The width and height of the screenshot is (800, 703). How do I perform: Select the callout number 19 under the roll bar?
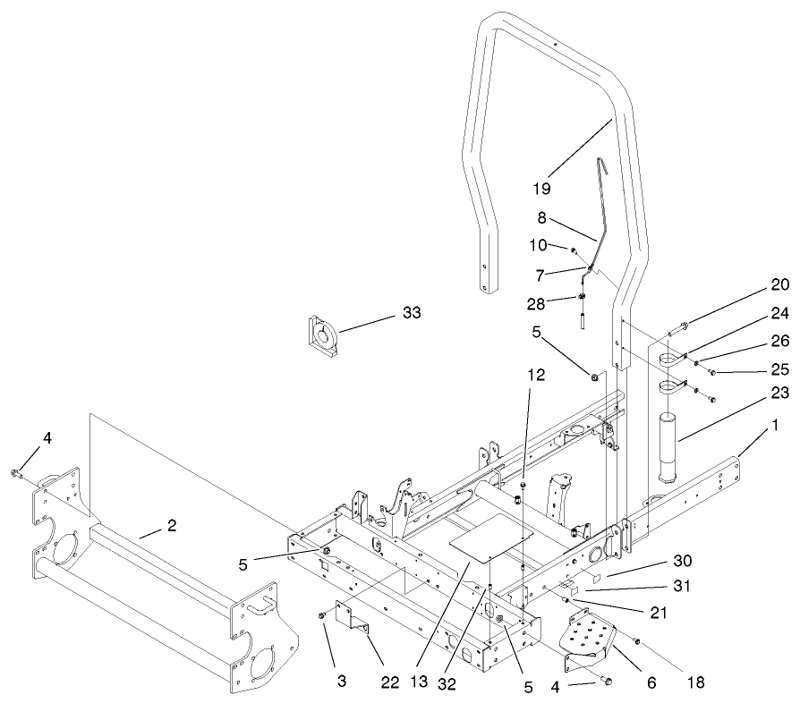(x=540, y=189)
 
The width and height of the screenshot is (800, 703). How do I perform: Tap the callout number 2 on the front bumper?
(x=171, y=526)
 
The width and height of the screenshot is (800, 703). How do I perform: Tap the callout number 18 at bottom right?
(x=695, y=682)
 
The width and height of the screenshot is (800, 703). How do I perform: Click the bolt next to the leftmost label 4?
(x=17, y=472)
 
